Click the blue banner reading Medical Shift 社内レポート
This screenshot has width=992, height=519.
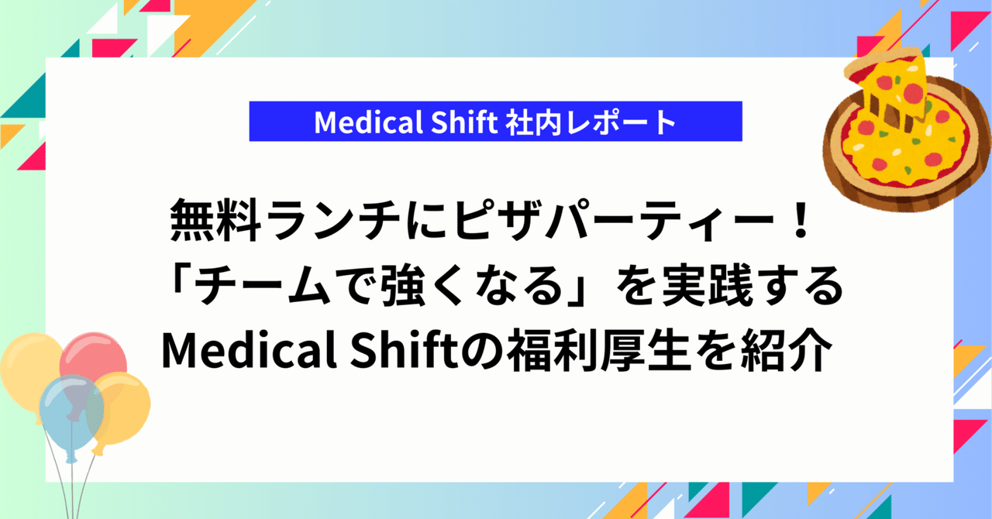point(495,122)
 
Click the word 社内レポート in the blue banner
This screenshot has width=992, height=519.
point(590,122)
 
